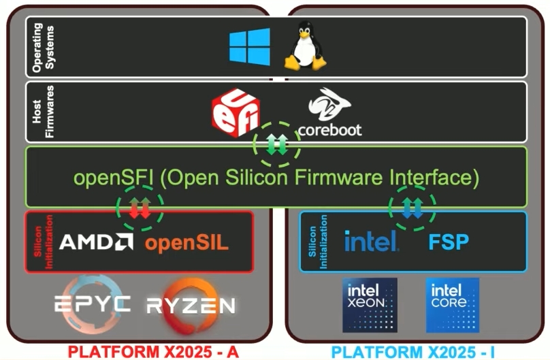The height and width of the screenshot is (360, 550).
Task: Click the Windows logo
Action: [x=249, y=46]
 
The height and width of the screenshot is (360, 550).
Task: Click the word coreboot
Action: [x=329, y=129]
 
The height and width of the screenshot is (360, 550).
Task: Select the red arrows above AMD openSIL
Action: [x=140, y=207]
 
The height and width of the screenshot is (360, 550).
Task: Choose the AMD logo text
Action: [x=96, y=242]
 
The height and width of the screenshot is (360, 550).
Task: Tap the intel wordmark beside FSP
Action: [x=371, y=241]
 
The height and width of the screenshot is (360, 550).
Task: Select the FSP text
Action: [x=449, y=242]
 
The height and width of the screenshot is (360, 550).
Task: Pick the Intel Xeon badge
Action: [x=370, y=304]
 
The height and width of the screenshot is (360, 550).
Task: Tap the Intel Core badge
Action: [x=452, y=304]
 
